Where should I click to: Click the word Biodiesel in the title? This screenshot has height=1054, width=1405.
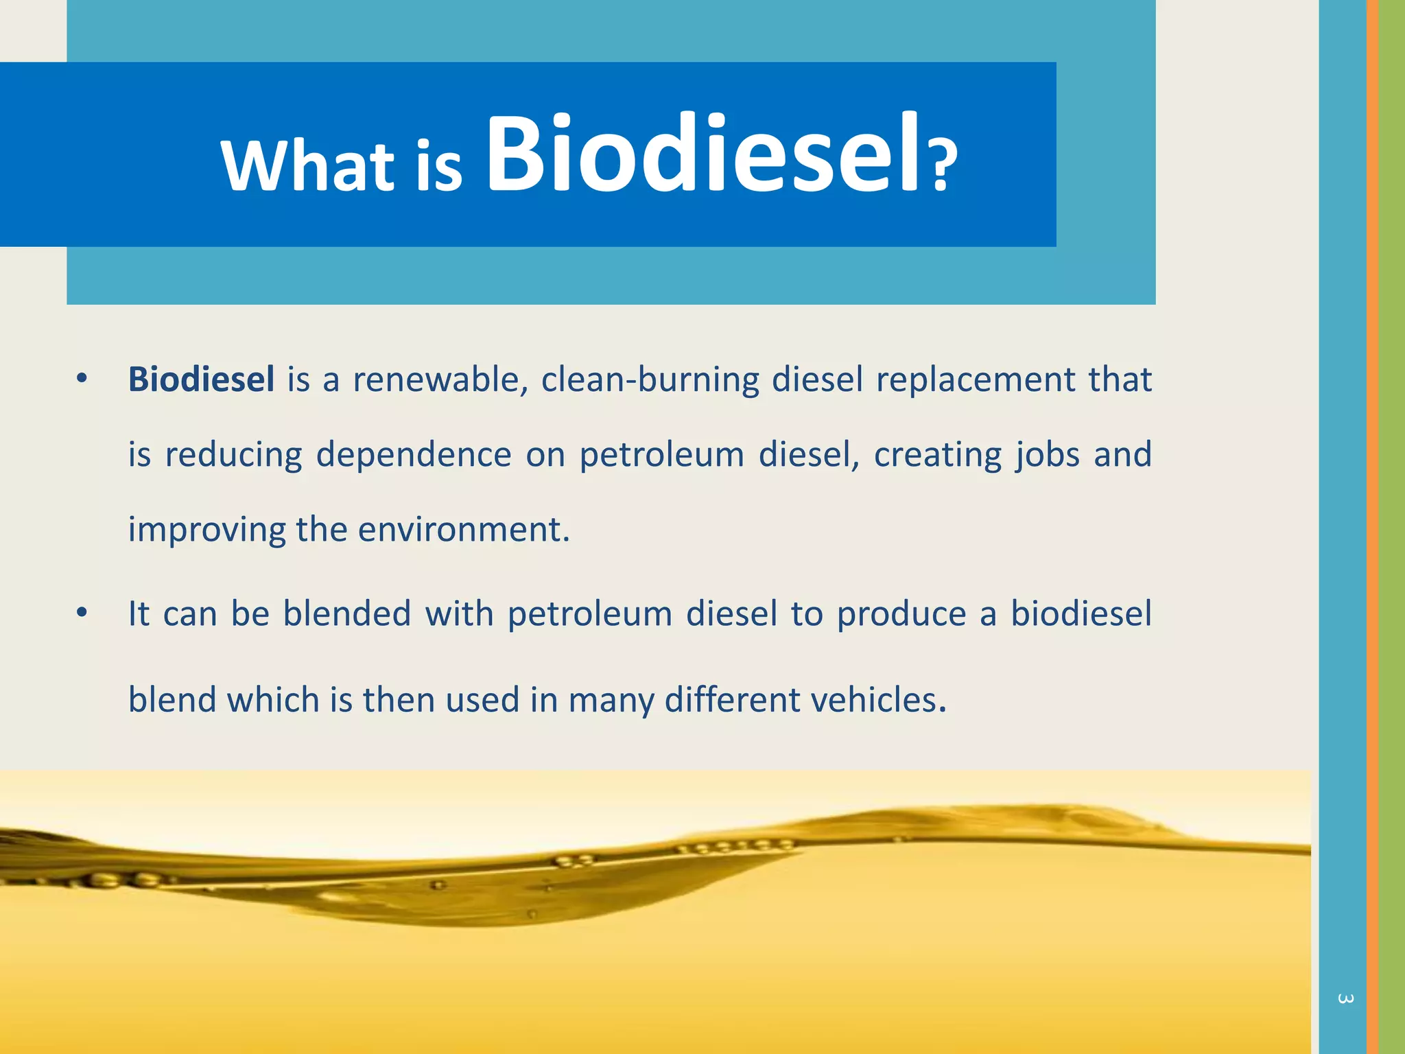[x=707, y=154]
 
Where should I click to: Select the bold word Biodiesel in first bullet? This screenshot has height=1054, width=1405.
[x=201, y=379]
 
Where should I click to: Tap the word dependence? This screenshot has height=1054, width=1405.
[x=414, y=455]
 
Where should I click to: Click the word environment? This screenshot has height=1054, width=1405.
[x=464, y=530]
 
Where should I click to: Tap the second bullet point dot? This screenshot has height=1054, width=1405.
[x=82, y=613]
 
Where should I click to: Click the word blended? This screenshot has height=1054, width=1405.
[x=347, y=613]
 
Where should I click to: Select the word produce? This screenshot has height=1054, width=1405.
[x=901, y=613]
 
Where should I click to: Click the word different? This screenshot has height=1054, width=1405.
[x=731, y=700]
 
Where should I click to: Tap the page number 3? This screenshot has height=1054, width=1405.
[x=1345, y=999]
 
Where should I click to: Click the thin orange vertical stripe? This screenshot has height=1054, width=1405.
[x=1372, y=527]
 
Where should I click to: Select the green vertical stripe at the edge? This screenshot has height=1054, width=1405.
[x=1392, y=527]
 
